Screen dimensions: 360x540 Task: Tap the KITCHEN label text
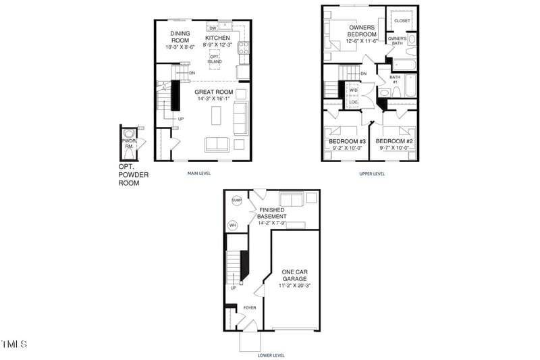tap(217, 38)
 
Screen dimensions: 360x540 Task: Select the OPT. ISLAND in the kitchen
tap(215, 59)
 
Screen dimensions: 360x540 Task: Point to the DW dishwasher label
tap(213, 28)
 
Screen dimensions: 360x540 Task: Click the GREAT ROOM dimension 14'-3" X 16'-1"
tap(213, 99)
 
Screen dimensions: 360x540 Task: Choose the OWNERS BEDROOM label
tap(362, 31)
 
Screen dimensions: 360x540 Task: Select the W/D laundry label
tap(353, 90)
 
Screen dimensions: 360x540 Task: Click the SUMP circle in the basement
tap(236, 201)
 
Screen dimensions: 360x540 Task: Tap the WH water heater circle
tap(234, 225)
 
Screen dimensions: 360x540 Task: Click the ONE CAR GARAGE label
tap(295, 276)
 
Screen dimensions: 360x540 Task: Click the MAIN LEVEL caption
tap(199, 174)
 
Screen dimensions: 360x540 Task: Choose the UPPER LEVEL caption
tap(372, 174)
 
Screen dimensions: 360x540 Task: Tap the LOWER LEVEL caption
tap(271, 355)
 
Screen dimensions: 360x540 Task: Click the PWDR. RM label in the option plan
tap(129, 144)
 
